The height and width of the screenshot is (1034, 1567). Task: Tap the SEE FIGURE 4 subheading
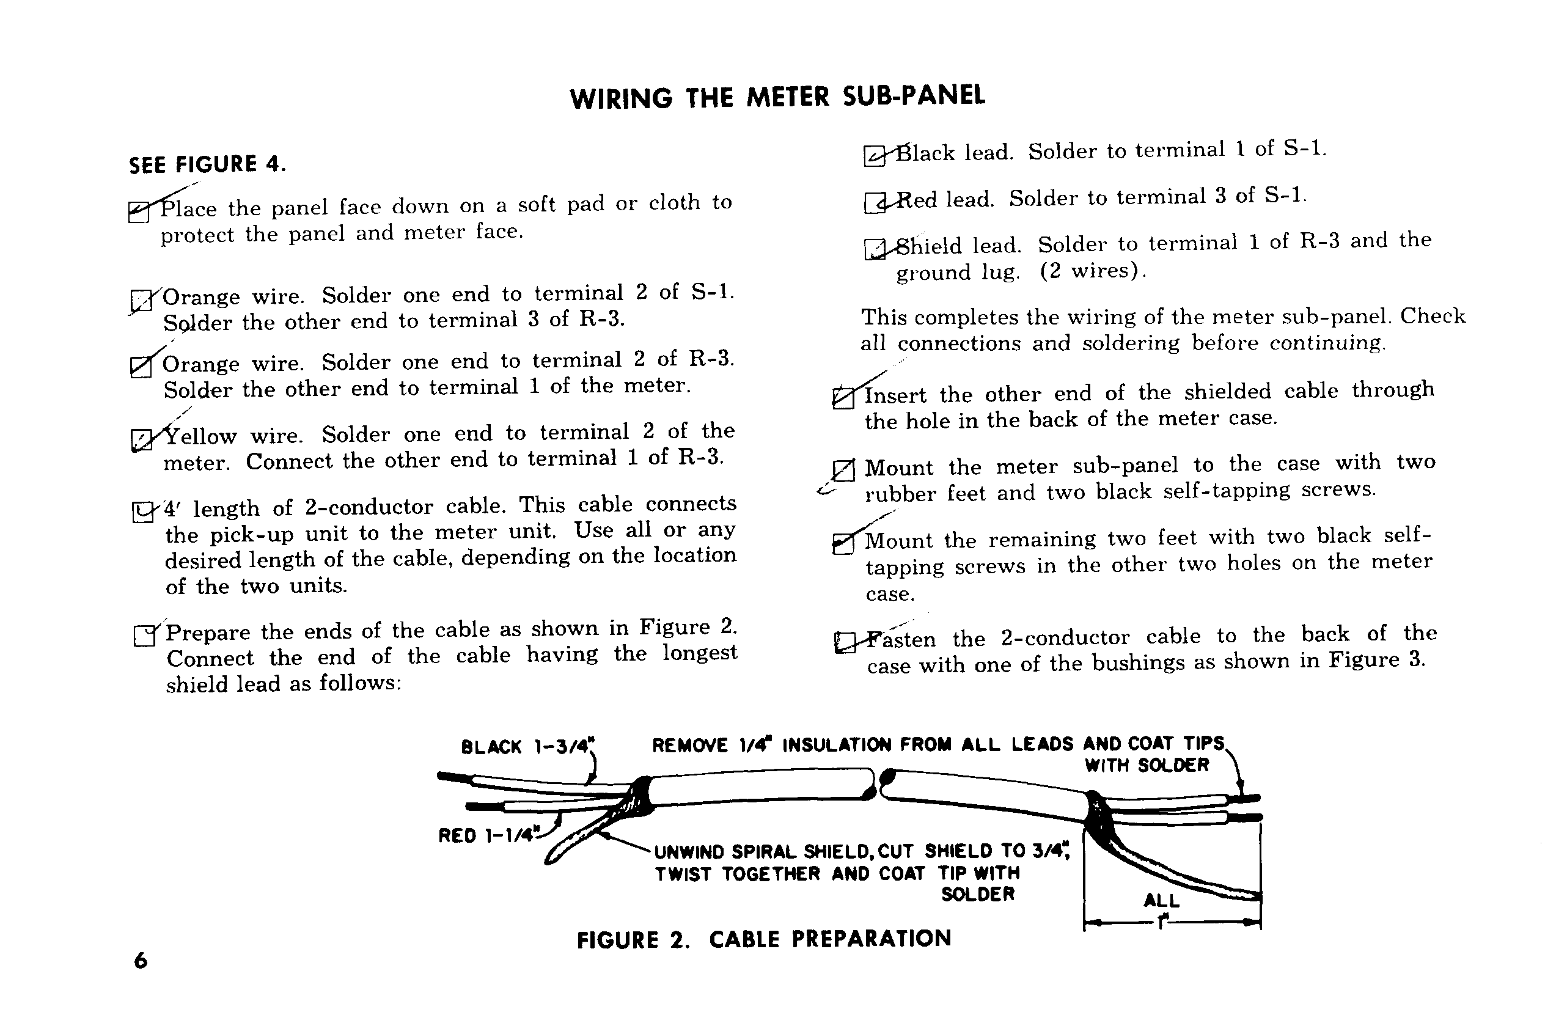click(x=207, y=164)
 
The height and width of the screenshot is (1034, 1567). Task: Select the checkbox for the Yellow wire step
click(x=141, y=439)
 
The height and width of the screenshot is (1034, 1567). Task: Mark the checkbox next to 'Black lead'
click(x=875, y=156)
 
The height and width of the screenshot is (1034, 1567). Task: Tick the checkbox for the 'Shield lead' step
click(x=875, y=249)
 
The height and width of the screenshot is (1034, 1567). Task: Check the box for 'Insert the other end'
click(x=843, y=398)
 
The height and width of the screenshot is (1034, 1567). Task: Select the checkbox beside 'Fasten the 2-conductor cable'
click(x=845, y=642)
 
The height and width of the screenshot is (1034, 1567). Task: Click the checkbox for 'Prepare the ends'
click(x=144, y=636)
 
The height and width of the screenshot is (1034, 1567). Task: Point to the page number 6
click(x=141, y=961)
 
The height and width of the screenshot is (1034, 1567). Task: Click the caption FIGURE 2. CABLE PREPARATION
click(x=764, y=939)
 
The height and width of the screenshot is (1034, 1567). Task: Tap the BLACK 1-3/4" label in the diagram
click(x=527, y=747)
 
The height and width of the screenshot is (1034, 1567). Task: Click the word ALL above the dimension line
click(x=1161, y=900)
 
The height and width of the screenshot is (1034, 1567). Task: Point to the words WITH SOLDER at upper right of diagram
click(x=1147, y=765)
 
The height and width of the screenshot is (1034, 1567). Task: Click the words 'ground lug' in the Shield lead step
click(x=957, y=273)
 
